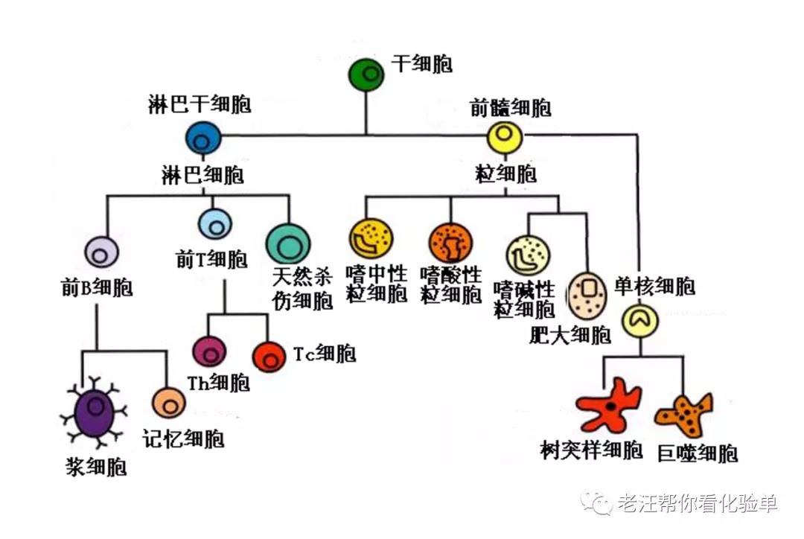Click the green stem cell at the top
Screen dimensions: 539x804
(x=367, y=74)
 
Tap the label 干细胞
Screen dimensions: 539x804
(x=423, y=64)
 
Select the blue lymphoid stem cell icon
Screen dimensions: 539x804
(x=204, y=138)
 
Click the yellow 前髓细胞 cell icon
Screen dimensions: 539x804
(x=505, y=137)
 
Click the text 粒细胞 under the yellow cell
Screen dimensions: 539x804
(x=505, y=175)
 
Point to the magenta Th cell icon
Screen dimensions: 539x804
(x=209, y=351)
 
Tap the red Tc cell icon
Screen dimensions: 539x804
(x=269, y=357)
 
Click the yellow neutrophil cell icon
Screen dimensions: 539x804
(x=370, y=237)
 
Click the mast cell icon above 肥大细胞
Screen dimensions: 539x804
(x=588, y=294)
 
